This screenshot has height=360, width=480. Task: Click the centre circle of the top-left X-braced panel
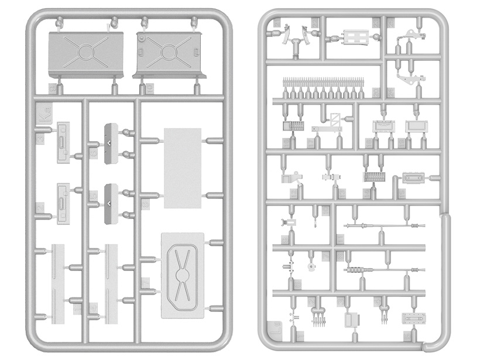(x=85, y=52)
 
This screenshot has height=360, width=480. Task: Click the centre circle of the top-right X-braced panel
(x=167, y=52)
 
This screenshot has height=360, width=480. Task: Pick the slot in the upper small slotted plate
(x=63, y=143)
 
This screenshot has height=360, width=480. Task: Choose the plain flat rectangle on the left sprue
(x=182, y=167)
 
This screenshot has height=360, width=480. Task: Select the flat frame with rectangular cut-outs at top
(x=353, y=38)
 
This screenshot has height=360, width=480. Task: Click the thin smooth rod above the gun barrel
(x=383, y=225)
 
